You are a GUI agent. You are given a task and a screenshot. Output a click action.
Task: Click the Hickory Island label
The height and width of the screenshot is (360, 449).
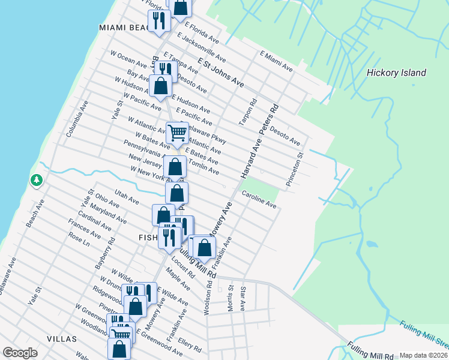click(396, 73)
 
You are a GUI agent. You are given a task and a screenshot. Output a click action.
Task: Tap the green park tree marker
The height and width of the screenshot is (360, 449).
click(37, 180)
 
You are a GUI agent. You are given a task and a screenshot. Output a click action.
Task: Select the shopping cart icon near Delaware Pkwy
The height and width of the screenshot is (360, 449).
click(177, 132)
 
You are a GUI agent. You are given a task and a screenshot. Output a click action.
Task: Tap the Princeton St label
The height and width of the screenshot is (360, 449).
click(296, 169)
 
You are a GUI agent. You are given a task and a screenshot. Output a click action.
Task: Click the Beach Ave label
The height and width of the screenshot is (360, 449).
click(36, 214)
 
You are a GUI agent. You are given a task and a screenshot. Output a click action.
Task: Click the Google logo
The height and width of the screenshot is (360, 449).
click(20, 353)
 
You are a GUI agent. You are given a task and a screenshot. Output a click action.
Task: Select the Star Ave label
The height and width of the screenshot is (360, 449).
click(243, 299)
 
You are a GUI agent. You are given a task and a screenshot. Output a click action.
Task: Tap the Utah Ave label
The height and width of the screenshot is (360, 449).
click(127, 196)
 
